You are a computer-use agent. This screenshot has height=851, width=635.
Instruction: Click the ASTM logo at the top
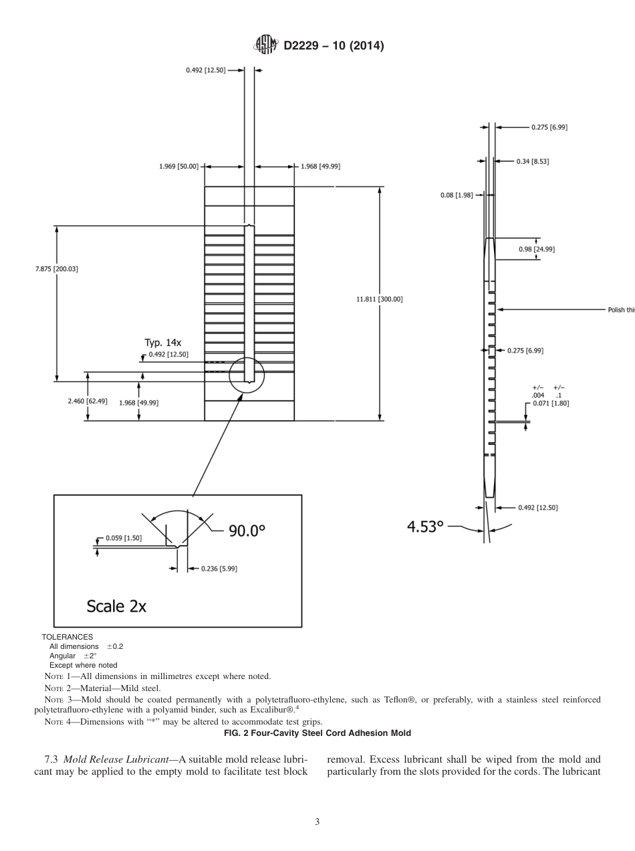(266, 45)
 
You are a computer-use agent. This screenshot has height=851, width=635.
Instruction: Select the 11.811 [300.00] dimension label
(380, 299)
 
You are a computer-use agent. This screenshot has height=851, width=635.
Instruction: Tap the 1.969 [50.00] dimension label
(178, 167)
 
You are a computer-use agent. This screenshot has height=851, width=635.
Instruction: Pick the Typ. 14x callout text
(163, 343)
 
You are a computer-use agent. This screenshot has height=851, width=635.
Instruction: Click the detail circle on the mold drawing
(247, 375)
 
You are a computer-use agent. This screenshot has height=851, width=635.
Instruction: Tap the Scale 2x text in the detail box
(116, 606)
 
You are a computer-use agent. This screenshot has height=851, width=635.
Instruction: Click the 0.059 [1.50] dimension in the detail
(124, 538)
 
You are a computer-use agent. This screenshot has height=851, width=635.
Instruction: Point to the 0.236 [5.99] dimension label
(219, 569)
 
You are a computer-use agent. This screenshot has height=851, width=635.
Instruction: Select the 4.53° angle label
(426, 527)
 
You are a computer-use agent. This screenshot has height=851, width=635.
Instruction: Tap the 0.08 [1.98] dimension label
(457, 195)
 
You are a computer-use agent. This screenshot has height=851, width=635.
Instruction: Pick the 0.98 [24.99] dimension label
(537, 249)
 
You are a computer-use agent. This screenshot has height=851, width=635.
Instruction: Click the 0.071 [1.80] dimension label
(551, 403)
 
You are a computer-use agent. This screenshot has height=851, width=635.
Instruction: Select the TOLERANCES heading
(68, 637)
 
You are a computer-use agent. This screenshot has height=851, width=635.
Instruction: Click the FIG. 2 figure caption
(317, 733)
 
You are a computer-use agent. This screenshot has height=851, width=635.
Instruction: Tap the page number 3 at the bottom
(317, 822)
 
